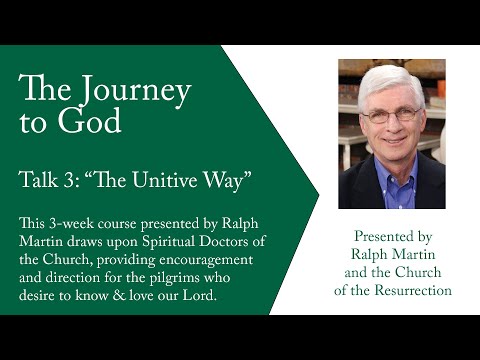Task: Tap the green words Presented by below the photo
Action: (392, 236)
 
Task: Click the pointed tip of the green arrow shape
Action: (318, 180)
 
